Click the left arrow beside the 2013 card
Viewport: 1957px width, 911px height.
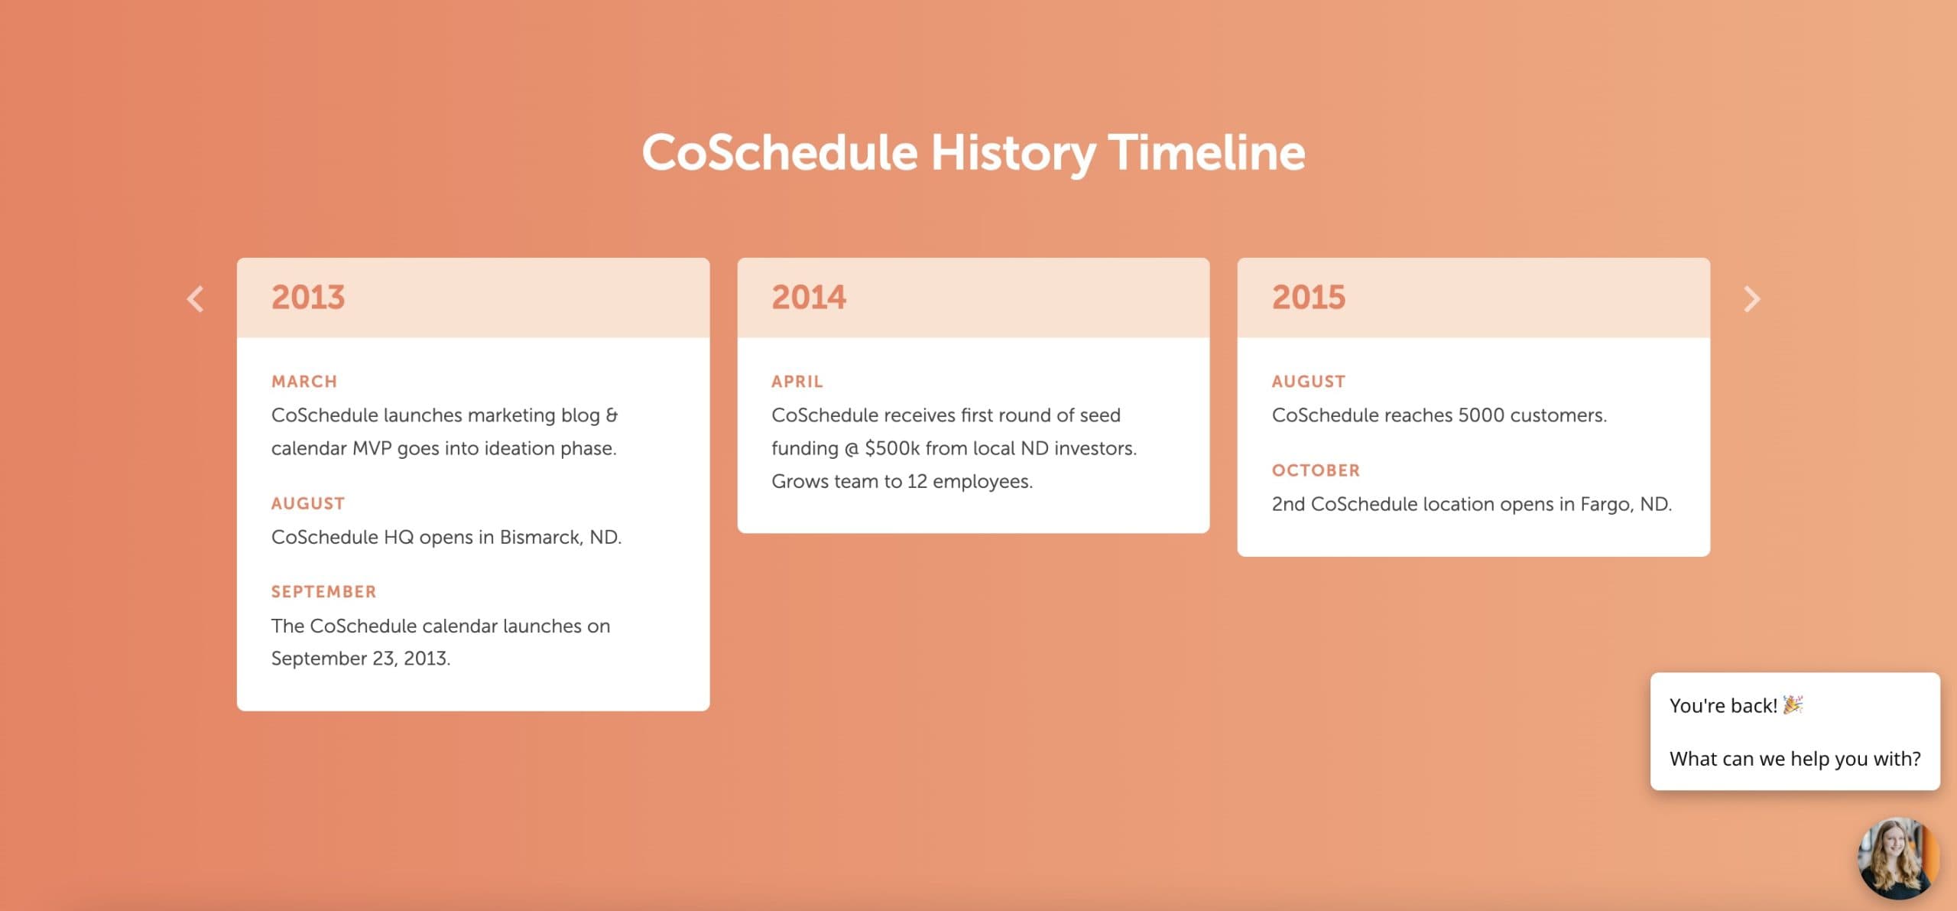pyautogui.click(x=196, y=299)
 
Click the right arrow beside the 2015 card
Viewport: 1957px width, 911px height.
pyautogui.click(x=1751, y=299)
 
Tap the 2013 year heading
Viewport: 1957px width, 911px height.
pyautogui.click(x=308, y=298)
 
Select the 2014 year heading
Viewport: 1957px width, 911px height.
pyautogui.click(x=809, y=298)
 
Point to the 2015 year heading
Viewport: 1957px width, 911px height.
pyautogui.click(x=1308, y=298)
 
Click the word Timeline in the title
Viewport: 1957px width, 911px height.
pyautogui.click(x=1206, y=152)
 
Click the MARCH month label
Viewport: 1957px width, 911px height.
pyautogui.click(x=304, y=382)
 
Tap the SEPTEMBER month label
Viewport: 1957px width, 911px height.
pyautogui.click(x=323, y=592)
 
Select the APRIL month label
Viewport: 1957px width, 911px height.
pyautogui.click(x=797, y=382)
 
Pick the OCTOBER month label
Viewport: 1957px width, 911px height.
pyautogui.click(x=1316, y=470)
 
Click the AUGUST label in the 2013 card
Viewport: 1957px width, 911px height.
pyautogui.click(x=308, y=503)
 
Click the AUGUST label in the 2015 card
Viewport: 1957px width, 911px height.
pyautogui.click(x=1308, y=382)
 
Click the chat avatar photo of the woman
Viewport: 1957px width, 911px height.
pyautogui.click(x=1898, y=858)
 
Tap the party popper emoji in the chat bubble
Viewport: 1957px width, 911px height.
pyautogui.click(x=1793, y=704)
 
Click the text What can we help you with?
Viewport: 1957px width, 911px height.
pyautogui.click(x=1794, y=759)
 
